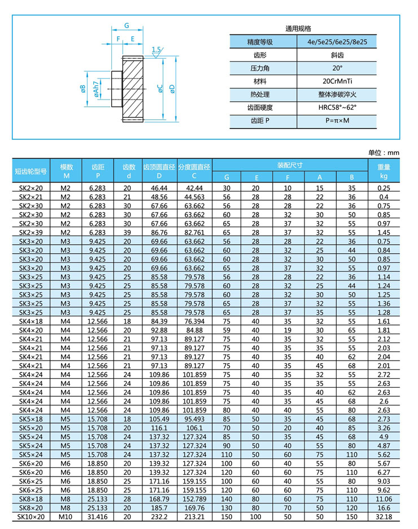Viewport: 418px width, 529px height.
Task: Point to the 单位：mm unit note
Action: coord(384,153)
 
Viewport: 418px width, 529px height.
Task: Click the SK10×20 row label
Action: coord(31,517)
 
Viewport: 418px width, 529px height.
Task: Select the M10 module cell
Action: coord(67,517)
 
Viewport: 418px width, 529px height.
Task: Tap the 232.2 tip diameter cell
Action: coord(160,517)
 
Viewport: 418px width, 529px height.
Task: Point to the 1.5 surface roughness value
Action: coord(156,50)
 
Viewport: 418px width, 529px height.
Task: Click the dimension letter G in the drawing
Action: coord(127,25)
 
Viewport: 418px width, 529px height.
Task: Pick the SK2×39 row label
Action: coord(31,232)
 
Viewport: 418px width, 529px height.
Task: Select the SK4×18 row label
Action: coord(31,321)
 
